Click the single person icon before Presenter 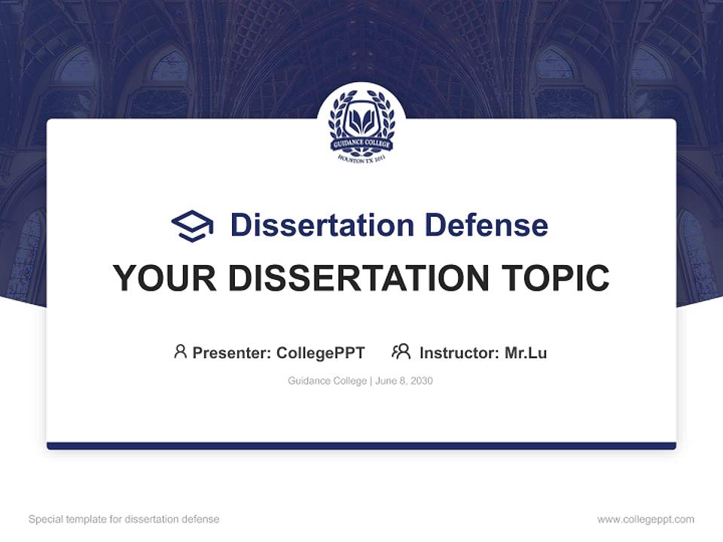(180, 352)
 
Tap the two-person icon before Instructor (401, 352)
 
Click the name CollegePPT (321, 352)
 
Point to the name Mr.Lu (526, 352)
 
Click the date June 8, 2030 (404, 381)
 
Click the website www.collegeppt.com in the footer (645, 519)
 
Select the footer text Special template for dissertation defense (124, 519)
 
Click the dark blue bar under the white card (361, 446)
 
